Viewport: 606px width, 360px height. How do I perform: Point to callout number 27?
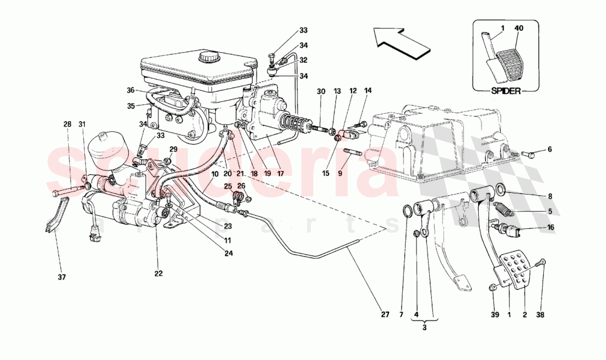pos(385,315)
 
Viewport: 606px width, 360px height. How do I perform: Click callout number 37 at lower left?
pos(62,277)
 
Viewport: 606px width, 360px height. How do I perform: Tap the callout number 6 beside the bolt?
pos(549,149)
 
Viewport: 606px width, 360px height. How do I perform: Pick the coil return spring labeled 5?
pos(503,210)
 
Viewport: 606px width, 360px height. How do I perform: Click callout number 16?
pos(549,227)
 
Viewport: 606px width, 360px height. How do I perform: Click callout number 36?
pos(130,90)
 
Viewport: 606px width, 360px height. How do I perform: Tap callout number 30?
pos(321,91)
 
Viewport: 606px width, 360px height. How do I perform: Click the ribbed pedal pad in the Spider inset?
pos(508,65)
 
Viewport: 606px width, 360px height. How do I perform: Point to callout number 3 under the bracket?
pos(424,327)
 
